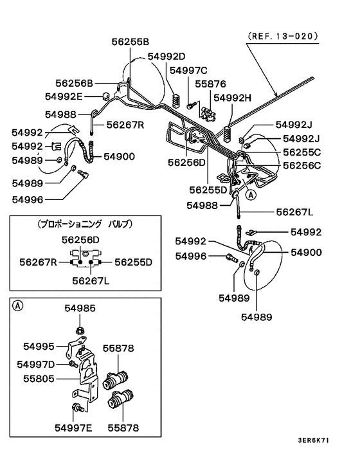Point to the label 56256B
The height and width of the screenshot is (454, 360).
[x=74, y=83]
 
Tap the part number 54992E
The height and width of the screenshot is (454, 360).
[x=64, y=96]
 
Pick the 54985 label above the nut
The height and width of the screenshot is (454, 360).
[x=80, y=309]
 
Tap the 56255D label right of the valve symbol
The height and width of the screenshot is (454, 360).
[x=133, y=262]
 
